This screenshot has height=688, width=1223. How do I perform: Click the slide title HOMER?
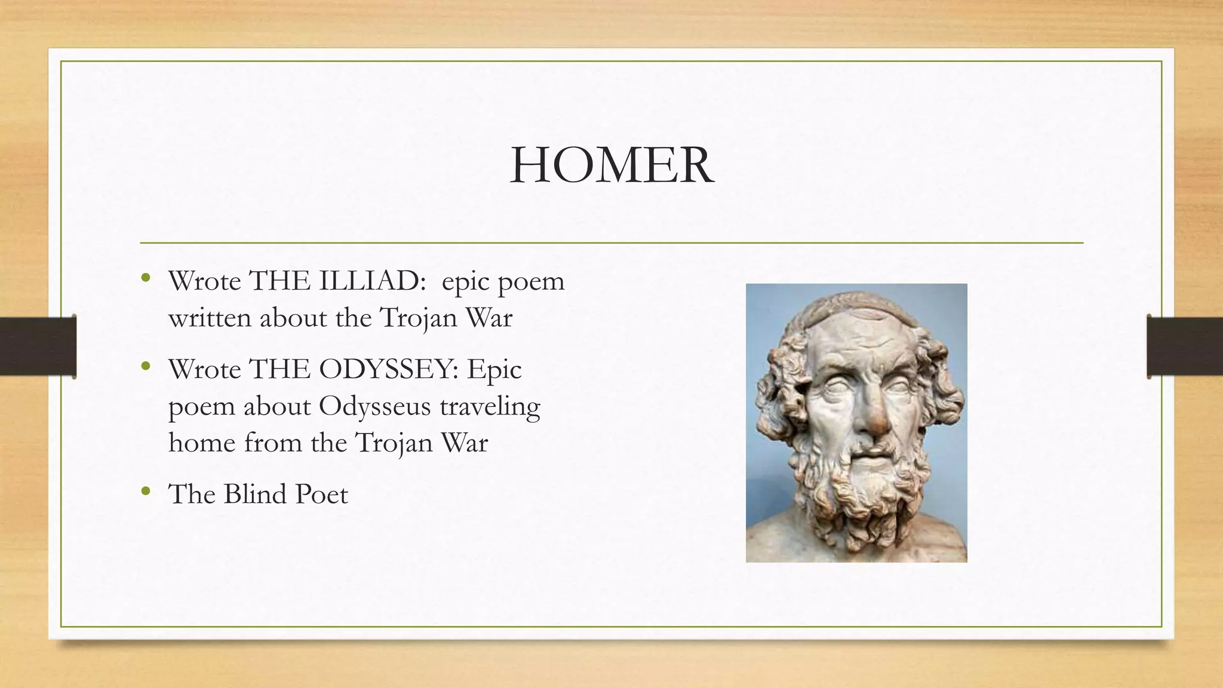tap(611, 165)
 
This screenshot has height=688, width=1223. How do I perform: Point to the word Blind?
tap(255, 494)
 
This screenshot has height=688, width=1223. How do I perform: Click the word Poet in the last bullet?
tap(322, 494)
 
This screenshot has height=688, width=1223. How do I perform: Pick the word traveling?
tap(490, 407)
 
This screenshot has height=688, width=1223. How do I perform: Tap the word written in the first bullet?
tap(210, 318)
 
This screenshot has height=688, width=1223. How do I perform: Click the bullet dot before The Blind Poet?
tap(146, 492)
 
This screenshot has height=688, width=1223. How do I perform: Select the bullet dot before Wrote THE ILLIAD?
tap(146, 278)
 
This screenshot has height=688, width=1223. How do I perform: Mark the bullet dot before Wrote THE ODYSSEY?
tap(146, 367)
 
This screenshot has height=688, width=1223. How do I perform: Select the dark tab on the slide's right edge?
tap(1185, 346)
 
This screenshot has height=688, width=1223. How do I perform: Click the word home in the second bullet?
tap(202, 443)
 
